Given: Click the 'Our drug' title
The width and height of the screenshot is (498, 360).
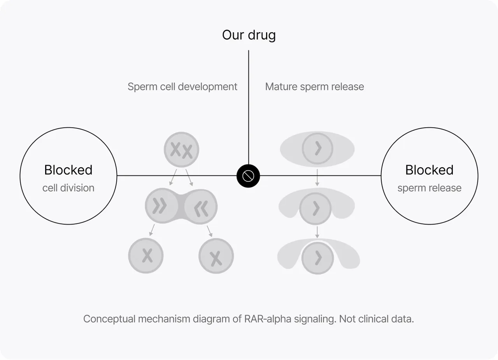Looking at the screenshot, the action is (249, 35).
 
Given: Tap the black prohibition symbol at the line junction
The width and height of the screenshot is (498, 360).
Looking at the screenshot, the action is (248, 176).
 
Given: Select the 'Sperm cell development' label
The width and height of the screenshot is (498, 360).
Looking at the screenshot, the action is (182, 87).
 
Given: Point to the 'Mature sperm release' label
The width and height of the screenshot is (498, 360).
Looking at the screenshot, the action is (315, 87).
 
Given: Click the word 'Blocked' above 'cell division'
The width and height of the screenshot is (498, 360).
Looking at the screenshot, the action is (68, 170).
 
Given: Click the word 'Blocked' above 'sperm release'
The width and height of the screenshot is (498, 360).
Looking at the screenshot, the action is (429, 170).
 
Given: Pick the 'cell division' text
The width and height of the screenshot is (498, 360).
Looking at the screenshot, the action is (68, 188).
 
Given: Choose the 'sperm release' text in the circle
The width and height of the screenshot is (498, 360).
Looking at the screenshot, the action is (429, 188).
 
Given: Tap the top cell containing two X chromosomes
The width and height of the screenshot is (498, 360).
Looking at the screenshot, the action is (181, 149).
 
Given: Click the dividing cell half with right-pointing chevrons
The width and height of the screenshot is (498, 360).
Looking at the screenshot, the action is (161, 205).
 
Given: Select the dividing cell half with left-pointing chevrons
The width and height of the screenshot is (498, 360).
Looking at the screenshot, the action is (201, 207).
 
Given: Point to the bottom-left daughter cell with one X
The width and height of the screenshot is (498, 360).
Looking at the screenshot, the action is (146, 256).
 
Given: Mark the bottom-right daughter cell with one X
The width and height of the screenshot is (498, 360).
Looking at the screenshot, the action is (216, 256).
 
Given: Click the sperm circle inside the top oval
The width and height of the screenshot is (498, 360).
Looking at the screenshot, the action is (317, 148).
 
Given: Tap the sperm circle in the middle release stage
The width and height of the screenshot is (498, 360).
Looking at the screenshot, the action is (315, 209).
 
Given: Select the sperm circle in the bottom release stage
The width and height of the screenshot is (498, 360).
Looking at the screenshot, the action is (317, 258).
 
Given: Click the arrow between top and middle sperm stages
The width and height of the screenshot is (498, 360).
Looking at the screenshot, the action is (317, 177).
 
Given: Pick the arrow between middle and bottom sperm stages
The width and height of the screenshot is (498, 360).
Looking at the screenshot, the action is (317, 232).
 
